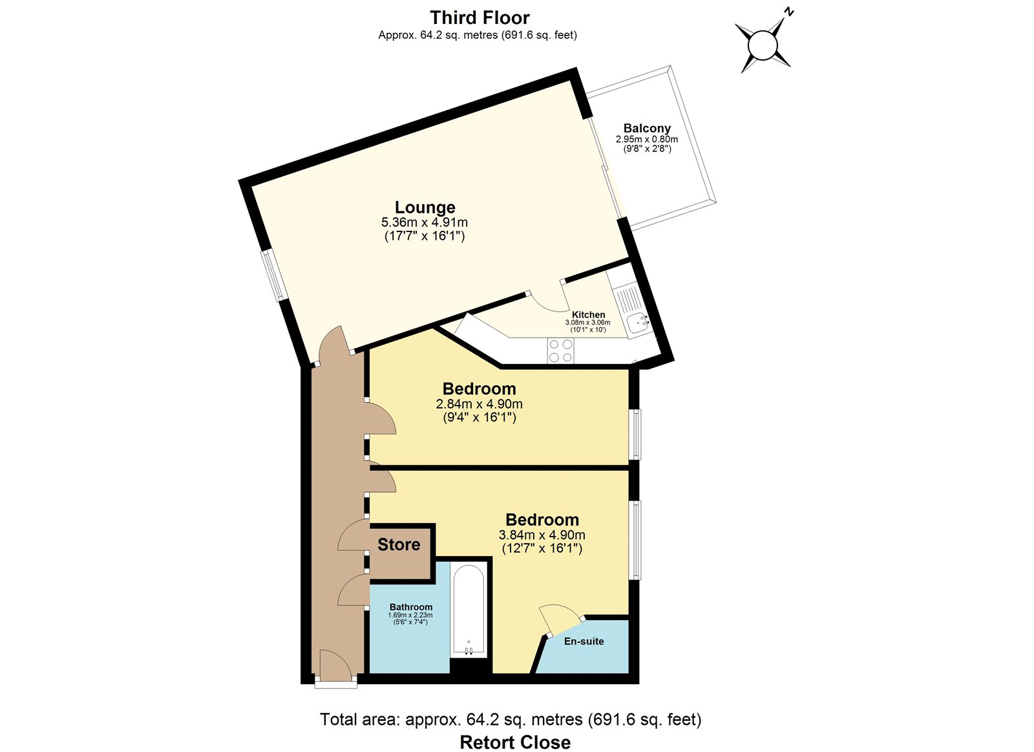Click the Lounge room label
pyautogui.click(x=425, y=208)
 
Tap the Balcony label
pyautogui.click(x=647, y=128)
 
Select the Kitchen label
pyautogui.click(x=588, y=314)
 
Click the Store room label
pyautogui.click(x=399, y=544)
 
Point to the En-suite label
pyautogui.click(x=584, y=641)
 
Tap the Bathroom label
pyautogui.click(x=411, y=607)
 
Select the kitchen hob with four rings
pyautogui.click(x=560, y=350)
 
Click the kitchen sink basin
pyautogui.click(x=638, y=323)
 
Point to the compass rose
pyautogui.click(x=763, y=45)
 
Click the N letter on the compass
pyautogui.click(x=789, y=12)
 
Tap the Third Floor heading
pyautogui.click(x=480, y=17)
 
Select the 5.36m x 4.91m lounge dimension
pyautogui.click(x=424, y=222)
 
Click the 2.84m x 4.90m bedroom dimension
pyautogui.click(x=479, y=403)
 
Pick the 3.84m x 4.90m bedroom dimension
pyautogui.click(x=542, y=535)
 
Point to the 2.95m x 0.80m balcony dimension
pyautogui.click(x=647, y=139)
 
